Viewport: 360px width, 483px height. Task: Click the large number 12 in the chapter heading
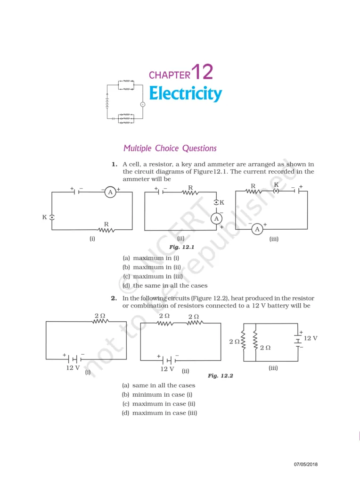point(202,72)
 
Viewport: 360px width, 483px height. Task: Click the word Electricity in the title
point(185,93)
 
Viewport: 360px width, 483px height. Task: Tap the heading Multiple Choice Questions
point(170,148)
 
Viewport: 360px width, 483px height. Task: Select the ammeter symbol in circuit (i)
point(110,192)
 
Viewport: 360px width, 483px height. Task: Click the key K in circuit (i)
point(52,217)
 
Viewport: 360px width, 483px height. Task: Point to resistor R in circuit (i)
point(106,230)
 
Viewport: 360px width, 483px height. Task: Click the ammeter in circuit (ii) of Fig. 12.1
point(216,218)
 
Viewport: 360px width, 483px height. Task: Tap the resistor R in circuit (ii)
point(190,192)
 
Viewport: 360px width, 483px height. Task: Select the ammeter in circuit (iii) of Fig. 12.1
point(257,229)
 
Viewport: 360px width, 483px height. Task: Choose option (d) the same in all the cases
point(165,285)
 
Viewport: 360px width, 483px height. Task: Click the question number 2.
point(114,298)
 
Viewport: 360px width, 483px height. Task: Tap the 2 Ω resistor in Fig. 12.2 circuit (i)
point(100,321)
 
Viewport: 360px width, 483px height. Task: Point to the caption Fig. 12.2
point(221,376)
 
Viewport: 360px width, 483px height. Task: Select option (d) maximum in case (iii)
point(159,413)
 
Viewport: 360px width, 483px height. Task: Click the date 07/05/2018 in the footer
point(306,465)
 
